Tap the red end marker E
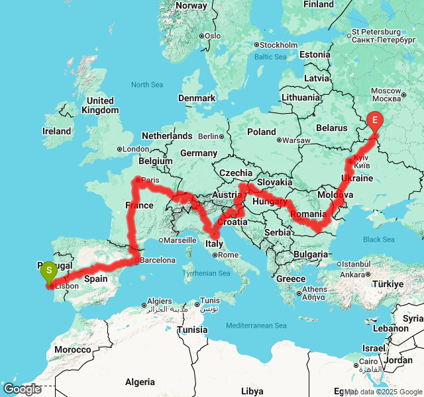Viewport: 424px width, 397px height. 376,121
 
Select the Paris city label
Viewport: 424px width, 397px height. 150,181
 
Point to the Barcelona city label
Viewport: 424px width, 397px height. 157,260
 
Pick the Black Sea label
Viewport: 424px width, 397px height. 379,240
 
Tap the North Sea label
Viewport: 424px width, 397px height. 146,85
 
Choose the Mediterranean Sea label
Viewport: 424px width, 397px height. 256,326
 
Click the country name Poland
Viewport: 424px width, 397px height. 261,132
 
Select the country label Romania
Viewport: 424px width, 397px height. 308,214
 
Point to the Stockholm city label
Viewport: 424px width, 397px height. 278,45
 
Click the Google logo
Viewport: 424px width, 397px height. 22,389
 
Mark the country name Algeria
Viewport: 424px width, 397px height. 140,382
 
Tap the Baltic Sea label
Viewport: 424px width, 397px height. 270,57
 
